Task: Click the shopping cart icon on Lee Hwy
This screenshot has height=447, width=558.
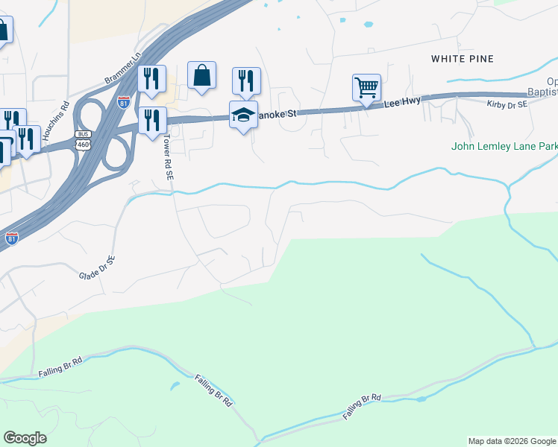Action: [x=366, y=87]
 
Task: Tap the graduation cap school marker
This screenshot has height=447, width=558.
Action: [x=243, y=115]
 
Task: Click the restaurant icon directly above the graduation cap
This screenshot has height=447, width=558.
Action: [x=246, y=80]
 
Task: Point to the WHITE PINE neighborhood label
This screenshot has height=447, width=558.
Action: [x=463, y=58]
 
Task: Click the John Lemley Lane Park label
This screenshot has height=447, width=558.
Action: [x=504, y=147]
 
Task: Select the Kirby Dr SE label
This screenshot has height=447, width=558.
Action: [x=507, y=105]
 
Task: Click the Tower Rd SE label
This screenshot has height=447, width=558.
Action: [x=169, y=162]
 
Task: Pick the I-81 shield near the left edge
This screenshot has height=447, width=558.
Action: [x=11, y=238]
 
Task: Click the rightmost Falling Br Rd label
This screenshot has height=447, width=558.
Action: [x=363, y=407]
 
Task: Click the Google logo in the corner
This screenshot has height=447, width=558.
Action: [x=25, y=438]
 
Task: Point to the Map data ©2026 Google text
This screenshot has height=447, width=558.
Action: [x=512, y=441]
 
